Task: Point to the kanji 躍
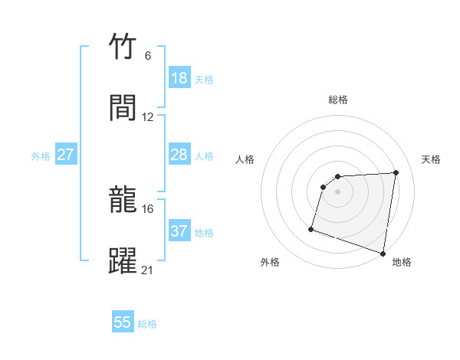[123, 260]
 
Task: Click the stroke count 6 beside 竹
[148, 56]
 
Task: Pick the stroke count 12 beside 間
[148, 117]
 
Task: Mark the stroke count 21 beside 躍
[148, 270]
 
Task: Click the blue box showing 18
[179, 78]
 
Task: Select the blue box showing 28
[179, 155]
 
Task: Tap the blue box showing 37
[179, 231]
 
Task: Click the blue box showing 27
[66, 155]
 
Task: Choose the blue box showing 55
[123, 322]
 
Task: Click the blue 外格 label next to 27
[41, 156]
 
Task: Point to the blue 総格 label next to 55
[147, 324]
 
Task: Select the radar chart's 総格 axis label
[338, 100]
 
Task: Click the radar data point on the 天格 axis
[396, 172]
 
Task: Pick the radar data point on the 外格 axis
[311, 228]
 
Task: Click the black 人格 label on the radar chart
[245, 159]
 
